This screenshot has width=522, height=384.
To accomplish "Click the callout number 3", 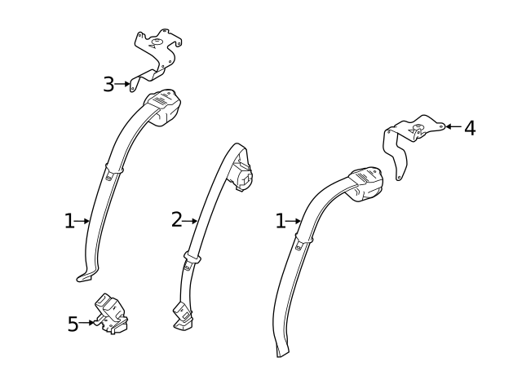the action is tap(108, 84).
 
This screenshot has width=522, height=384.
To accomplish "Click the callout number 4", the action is tap(470, 128).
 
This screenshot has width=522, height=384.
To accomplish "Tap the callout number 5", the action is tap(73, 324).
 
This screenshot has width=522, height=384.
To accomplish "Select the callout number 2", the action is tap(177, 219).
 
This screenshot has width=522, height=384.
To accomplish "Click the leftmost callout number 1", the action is tap(69, 221).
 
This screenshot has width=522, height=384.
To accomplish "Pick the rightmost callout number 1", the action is tap(281, 221).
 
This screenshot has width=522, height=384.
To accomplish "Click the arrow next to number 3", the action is tap(122, 84).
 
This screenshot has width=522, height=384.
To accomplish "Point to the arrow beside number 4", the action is tap(453, 126).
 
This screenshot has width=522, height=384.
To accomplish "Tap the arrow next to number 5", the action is tap(86, 322).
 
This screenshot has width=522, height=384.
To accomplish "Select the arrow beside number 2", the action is tap(190, 221).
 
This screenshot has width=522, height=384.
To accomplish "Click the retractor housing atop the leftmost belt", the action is tap(164, 107).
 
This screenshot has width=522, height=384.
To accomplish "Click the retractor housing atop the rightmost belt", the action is tap(366, 183).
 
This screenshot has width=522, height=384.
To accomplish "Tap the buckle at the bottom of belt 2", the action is tap(183, 316).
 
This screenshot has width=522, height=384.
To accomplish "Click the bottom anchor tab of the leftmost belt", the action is tap(86, 276).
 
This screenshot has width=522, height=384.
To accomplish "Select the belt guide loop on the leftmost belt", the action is tap(114, 169).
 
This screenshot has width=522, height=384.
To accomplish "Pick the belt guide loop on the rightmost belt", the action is tap(304, 238).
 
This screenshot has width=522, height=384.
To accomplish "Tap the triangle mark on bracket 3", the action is tap(153, 46).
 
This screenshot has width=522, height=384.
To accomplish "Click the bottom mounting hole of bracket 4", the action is tap(398, 178).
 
